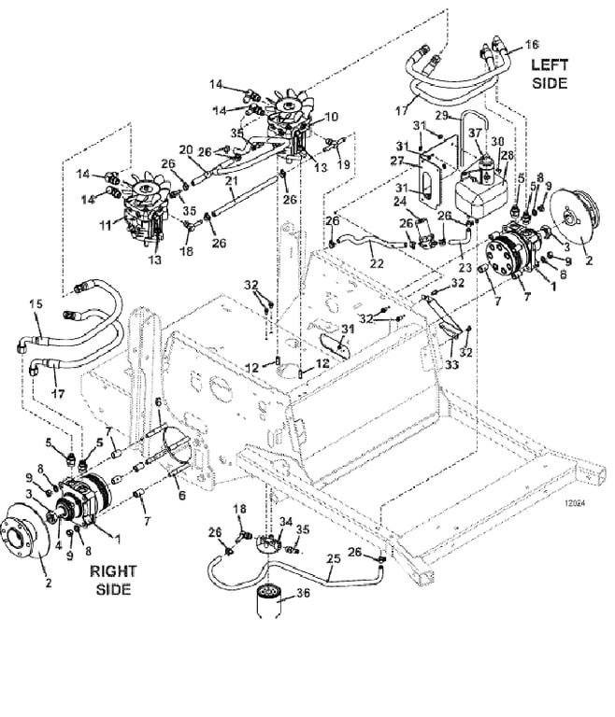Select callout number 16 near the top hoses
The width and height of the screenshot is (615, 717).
[533, 44]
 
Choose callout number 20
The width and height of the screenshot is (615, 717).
[186, 149]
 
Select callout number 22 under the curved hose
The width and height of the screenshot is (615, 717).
[377, 263]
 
